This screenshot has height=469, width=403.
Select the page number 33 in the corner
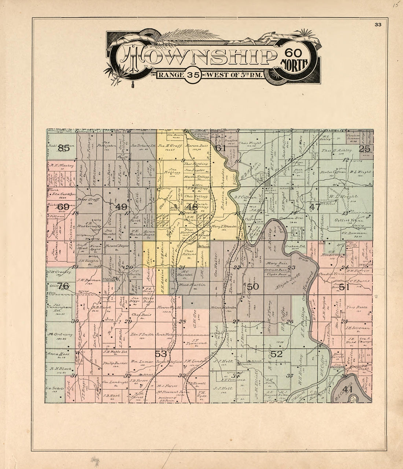coord(378,25)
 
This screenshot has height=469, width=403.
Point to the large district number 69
coord(63,206)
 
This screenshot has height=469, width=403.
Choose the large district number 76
coord(63,286)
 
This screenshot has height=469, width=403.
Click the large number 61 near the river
coord(220,148)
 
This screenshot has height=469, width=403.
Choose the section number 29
coord(128,321)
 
